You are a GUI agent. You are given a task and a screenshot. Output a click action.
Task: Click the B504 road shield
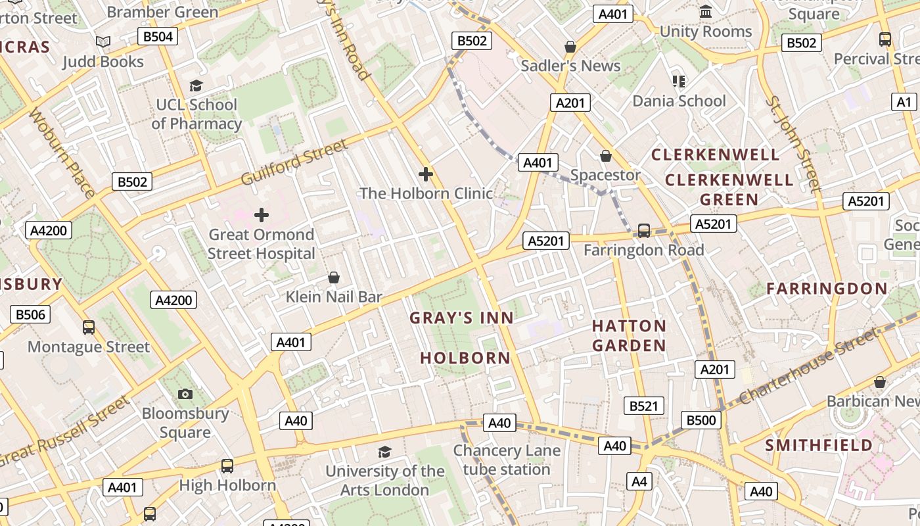tap(158, 36)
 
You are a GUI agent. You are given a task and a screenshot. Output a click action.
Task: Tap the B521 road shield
tap(643, 406)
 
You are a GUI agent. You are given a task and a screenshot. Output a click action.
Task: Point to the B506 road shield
tap(30, 314)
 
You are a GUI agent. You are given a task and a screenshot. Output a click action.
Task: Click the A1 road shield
tap(905, 102)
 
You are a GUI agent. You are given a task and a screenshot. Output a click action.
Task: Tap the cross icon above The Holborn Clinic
tap(426, 174)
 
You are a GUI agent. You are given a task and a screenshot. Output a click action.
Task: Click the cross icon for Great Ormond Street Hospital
tap(262, 215)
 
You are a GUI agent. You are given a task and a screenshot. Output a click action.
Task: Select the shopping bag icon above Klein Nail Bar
tap(334, 277)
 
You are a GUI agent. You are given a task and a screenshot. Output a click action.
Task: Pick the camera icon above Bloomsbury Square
tap(185, 394)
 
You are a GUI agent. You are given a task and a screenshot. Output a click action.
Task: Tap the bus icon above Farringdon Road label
tap(644, 230)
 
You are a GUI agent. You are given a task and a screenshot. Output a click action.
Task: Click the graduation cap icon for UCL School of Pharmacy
tap(196, 85)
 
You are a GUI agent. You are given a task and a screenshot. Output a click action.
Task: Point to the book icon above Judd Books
tap(103, 42)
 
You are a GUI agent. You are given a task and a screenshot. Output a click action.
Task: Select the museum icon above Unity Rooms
tap(706, 12)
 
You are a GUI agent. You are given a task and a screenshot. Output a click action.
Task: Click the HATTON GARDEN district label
tap(629, 335)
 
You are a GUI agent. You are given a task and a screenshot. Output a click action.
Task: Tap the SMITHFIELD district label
tap(819, 445)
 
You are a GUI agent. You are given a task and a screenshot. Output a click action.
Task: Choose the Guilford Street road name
tap(294, 162)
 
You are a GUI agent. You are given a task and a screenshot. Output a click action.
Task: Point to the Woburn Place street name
tap(62, 153)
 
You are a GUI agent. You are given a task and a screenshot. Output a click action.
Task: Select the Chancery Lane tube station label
tap(507, 460)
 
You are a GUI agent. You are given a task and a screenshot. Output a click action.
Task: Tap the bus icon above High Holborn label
tap(227, 466)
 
